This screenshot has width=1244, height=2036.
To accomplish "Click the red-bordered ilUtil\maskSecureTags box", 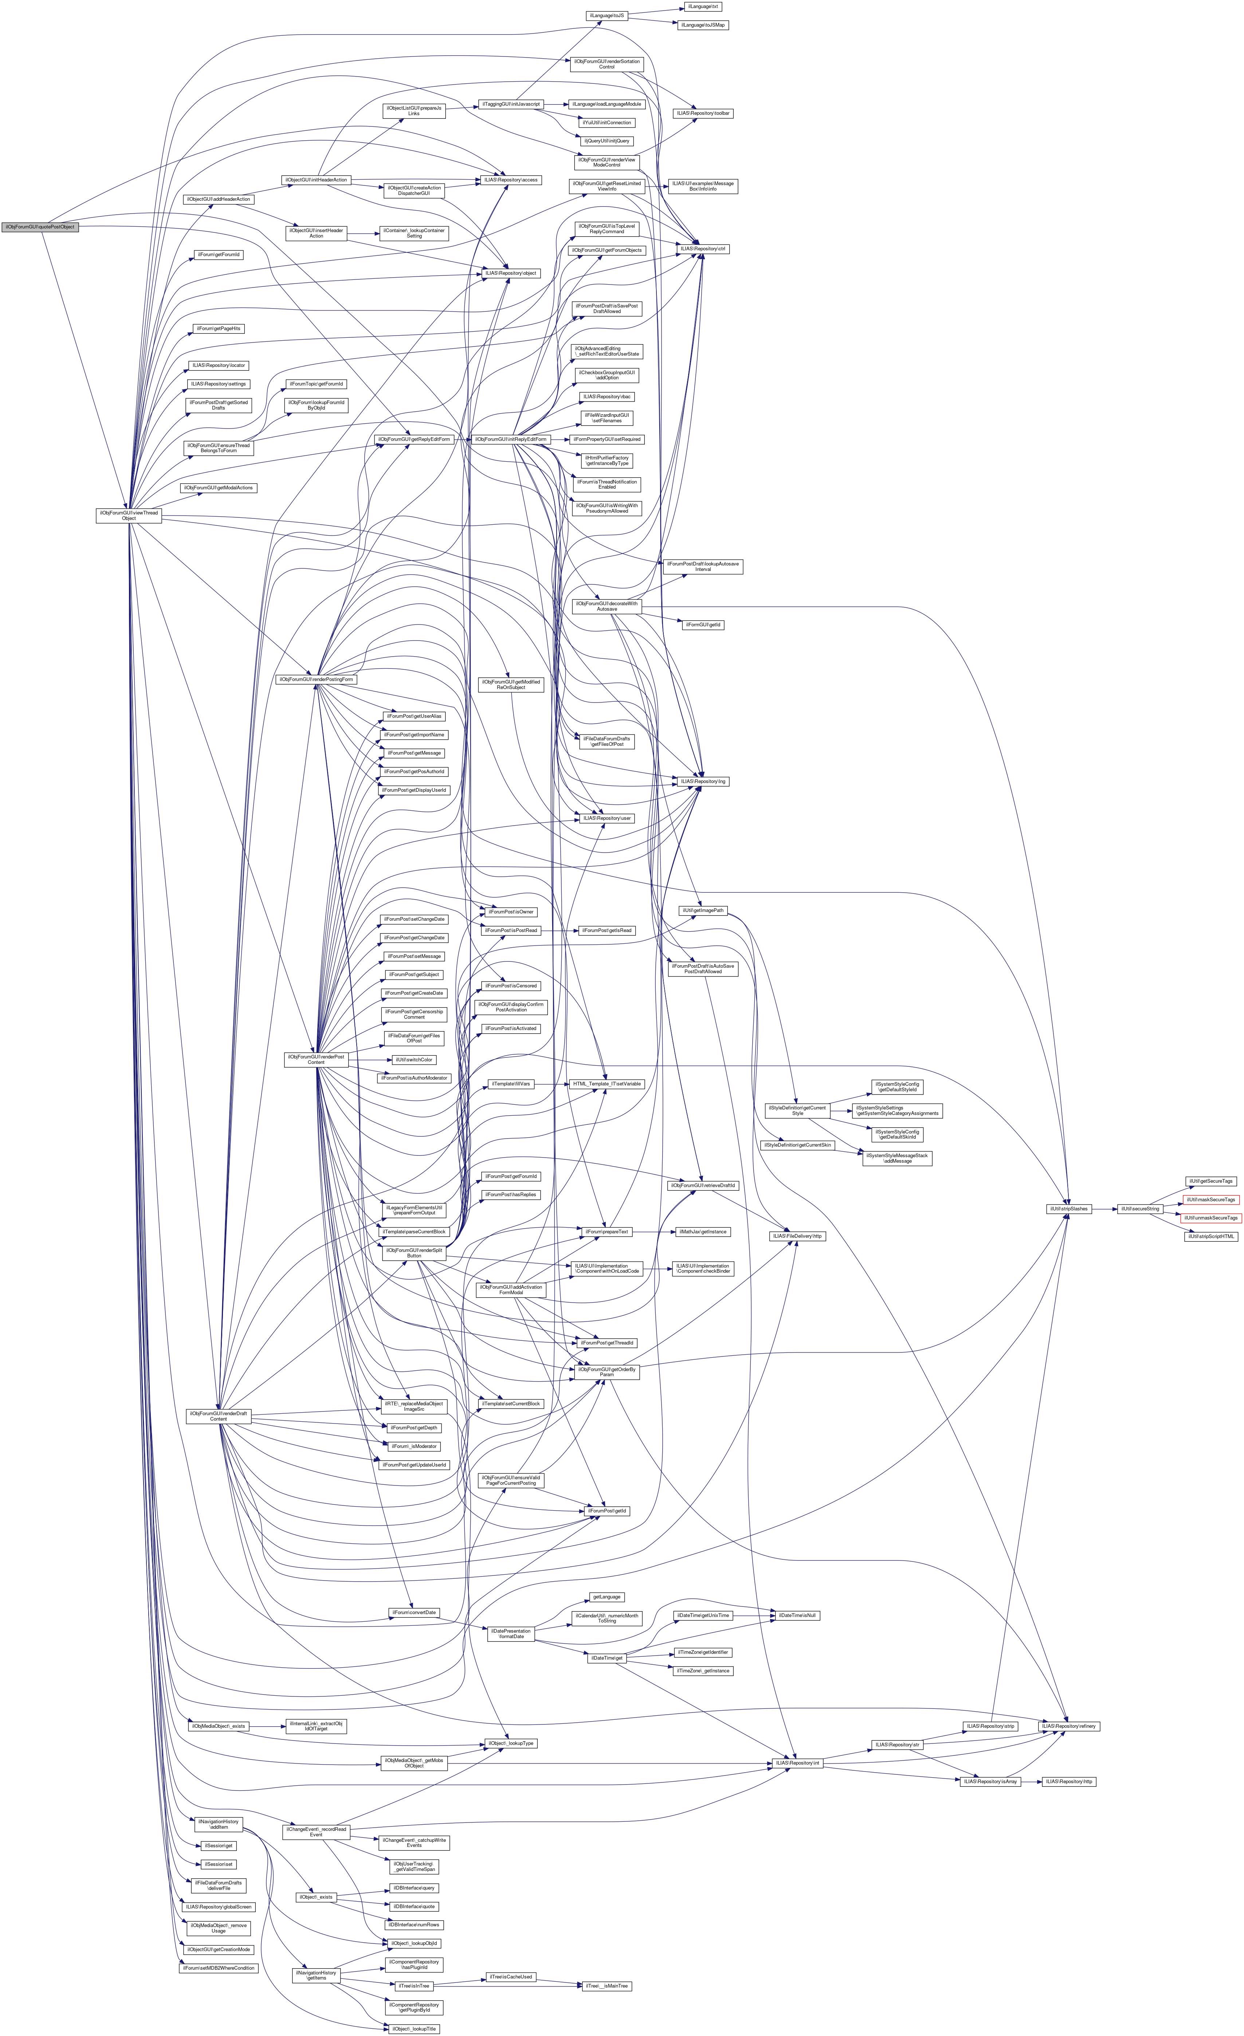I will pos(1211,1199).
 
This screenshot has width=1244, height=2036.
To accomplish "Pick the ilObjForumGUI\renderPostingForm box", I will pos(316,679).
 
